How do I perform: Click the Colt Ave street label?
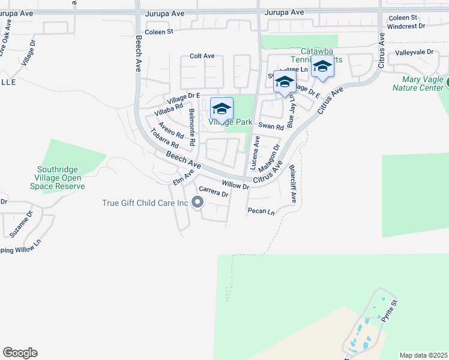point(202,56)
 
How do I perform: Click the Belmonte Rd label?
point(192,128)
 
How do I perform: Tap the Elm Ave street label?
point(184,177)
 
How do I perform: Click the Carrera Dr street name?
point(214,194)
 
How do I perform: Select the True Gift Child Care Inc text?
point(145,203)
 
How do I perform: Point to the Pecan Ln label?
point(261,211)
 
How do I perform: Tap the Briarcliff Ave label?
point(293,184)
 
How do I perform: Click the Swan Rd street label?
point(271,127)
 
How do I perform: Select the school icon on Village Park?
point(221,109)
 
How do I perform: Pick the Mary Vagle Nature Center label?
point(418,83)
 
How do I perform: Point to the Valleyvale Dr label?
point(414,52)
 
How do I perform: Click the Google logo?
point(20,353)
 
